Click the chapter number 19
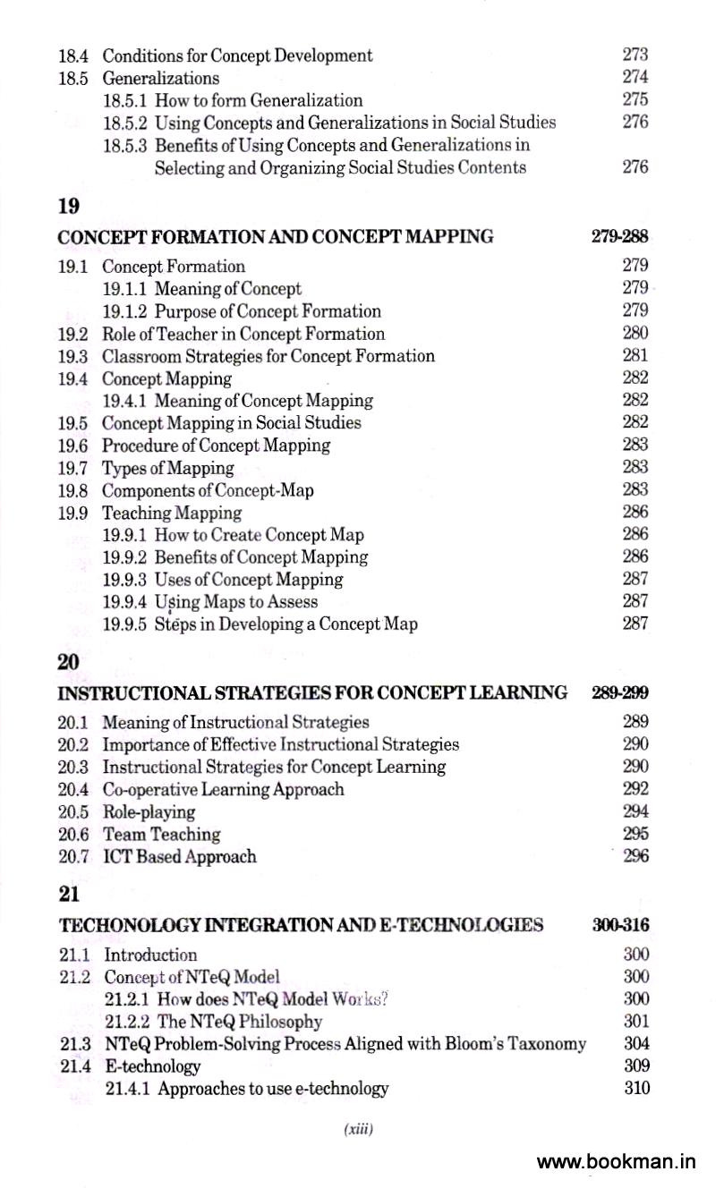[69, 207]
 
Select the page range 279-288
[619, 237]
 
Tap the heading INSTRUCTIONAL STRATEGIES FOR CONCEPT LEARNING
[312, 692]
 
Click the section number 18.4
[72, 55]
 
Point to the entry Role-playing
[149, 812]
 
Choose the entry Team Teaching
[162, 835]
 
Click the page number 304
[635, 1043]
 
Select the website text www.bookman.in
[616, 1162]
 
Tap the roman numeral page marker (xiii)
[358, 1130]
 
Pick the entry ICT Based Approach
[180, 857]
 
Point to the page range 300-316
[620, 925]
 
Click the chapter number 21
[69, 895]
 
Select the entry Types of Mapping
[167, 468]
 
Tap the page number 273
[635, 55]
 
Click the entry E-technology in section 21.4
[152, 1066]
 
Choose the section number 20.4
[73, 790]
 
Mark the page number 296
[635, 856]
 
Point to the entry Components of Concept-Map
[208, 490]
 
